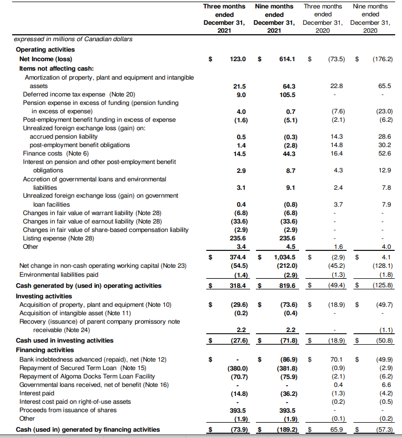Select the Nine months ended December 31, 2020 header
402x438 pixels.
pyautogui.click(x=370, y=19)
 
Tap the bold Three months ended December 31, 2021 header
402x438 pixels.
pyautogui.click(x=224, y=19)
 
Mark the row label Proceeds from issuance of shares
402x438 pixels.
pyautogui.click(x=68, y=410)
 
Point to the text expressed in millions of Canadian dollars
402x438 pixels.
pyautogui.click(x=73, y=39)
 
